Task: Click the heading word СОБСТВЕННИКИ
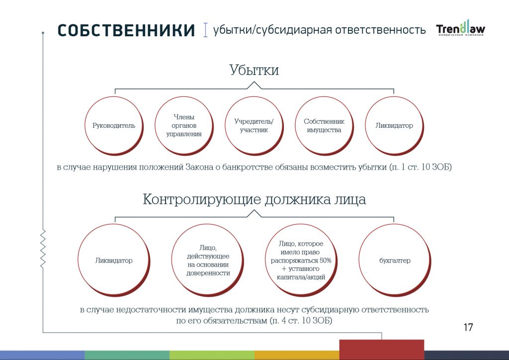point(126,30)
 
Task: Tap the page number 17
point(468,327)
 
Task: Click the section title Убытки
point(254,70)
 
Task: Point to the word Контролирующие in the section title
point(202,199)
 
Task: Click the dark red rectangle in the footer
point(382,350)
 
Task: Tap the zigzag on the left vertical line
point(43,248)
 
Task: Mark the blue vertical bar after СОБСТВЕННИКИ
point(205,30)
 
